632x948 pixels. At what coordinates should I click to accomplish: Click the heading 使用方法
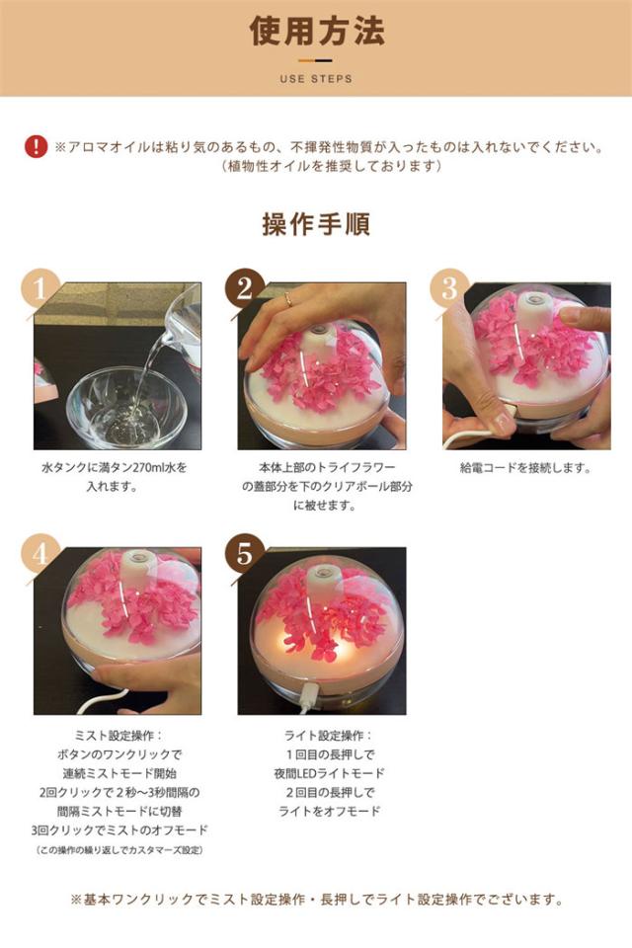coord(317,31)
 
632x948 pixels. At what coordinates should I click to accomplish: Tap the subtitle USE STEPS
coord(316,79)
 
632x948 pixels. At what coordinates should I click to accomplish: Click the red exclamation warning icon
coord(36,147)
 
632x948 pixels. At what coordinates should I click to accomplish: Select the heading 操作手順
coord(316,224)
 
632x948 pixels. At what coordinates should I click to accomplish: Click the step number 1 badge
coord(39,288)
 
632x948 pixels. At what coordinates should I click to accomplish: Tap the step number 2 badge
coord(244,288)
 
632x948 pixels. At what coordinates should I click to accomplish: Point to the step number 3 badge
coord(448,288)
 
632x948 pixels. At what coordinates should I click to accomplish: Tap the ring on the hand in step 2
coord(288,298)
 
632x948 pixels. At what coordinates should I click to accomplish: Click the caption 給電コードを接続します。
coord(525,468)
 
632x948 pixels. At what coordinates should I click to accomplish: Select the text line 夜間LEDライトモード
coord(329,773)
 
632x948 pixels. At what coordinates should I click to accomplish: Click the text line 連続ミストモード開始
coord(119,773)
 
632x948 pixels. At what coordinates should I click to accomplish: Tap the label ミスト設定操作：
coord(119,736)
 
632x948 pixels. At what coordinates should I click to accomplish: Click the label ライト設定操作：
coord(329,736)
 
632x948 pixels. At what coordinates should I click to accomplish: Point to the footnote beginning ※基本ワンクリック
coord(317,900)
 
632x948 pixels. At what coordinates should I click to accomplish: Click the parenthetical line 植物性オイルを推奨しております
coord(332,166)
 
